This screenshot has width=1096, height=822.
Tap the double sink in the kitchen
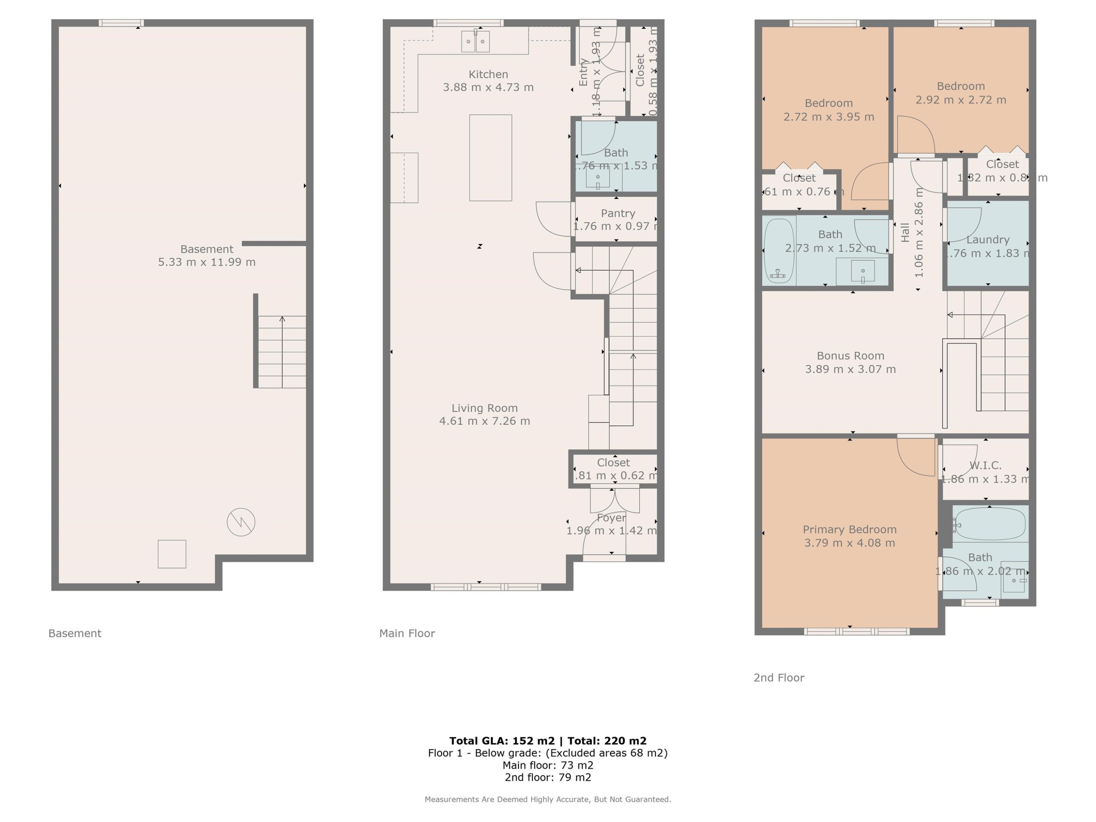475,42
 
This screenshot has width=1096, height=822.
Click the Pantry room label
617,213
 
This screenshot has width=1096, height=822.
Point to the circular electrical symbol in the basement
241,522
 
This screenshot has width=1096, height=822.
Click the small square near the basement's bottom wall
172,554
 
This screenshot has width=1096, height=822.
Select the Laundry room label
987,240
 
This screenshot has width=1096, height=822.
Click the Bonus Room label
850,356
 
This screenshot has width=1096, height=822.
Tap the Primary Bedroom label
849,529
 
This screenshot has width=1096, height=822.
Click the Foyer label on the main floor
611,518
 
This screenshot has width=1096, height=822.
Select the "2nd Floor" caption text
779,677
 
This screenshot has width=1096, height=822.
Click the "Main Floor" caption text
407,633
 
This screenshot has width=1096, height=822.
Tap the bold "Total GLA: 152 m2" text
502,741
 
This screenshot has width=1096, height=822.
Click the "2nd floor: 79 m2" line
548,777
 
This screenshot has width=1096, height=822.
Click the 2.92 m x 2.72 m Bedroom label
960,86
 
